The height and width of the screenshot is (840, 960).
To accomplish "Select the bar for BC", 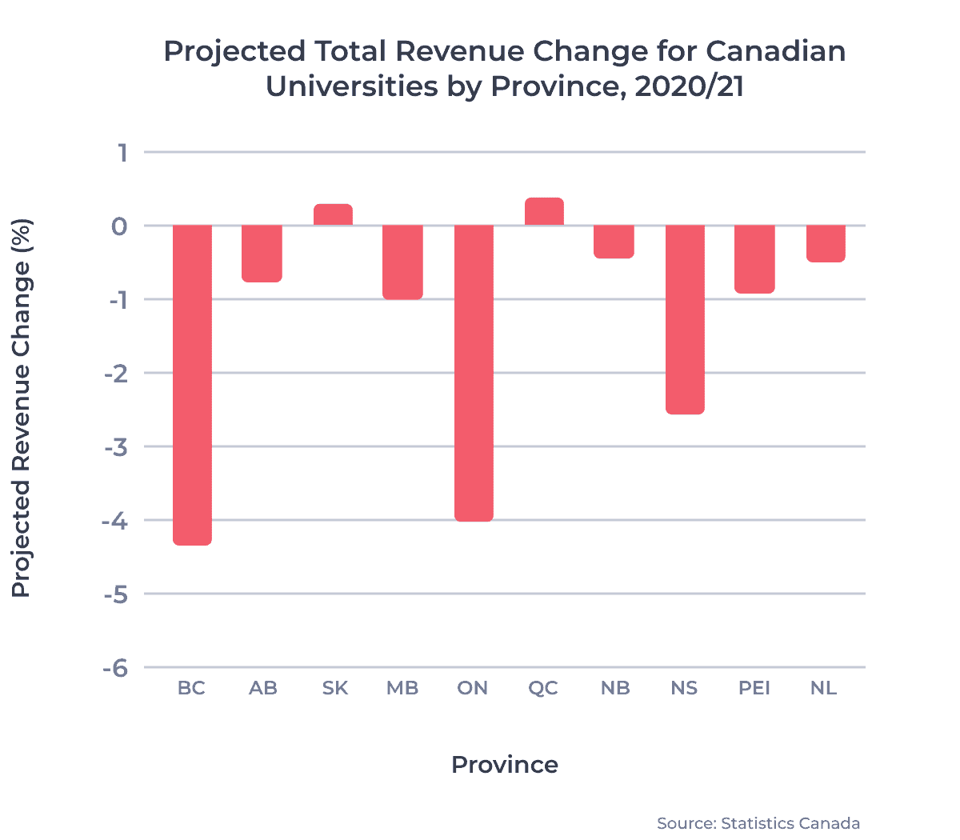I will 192,385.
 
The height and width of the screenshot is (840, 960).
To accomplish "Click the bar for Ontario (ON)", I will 474,373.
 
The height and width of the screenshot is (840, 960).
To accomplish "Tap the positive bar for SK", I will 333,214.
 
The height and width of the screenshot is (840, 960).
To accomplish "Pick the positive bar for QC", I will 544,211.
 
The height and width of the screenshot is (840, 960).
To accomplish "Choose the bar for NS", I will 685,319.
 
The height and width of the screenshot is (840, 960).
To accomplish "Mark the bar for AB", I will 262,254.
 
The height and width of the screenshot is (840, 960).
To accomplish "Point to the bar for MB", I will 403,262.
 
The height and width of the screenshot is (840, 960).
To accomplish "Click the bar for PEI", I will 755,259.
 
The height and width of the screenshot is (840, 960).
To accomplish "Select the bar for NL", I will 826,244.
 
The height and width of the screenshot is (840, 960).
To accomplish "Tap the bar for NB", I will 614,242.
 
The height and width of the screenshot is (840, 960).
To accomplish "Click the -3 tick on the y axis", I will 116,447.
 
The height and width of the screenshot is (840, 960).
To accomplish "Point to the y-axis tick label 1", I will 122,152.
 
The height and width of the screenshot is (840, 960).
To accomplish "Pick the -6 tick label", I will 116,668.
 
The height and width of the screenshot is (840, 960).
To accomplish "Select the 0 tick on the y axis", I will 120,226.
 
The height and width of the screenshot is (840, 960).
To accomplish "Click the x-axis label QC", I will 543,688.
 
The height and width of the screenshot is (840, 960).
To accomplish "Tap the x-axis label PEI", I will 754,688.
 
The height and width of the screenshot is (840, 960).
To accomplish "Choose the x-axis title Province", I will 505,765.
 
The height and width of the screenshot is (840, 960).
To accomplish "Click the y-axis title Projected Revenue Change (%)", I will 22,408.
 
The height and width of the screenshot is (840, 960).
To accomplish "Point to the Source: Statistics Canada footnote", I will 758,823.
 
